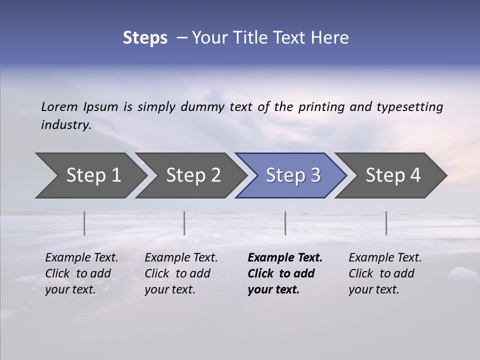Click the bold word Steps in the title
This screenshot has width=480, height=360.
(x=145, y=38)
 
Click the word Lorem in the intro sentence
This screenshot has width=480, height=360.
(x=59, y=106)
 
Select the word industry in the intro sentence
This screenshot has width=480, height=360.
(x=66, y=125)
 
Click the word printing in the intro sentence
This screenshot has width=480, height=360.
(x=321, y=106)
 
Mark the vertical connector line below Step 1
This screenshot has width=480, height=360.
(x=84, y=223)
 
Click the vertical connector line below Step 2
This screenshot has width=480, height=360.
(x=184, y=223)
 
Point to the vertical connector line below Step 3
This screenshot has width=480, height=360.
(x=285, y=223)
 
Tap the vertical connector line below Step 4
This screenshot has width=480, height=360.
(x=386, y=223)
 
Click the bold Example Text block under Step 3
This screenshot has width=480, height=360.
(x=285, y=273)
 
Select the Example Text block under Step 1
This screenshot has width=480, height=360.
(x=81, y=273)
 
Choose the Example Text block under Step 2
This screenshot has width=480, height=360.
(x=181, y=273)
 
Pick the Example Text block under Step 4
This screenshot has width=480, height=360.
(x=385, y=273)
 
